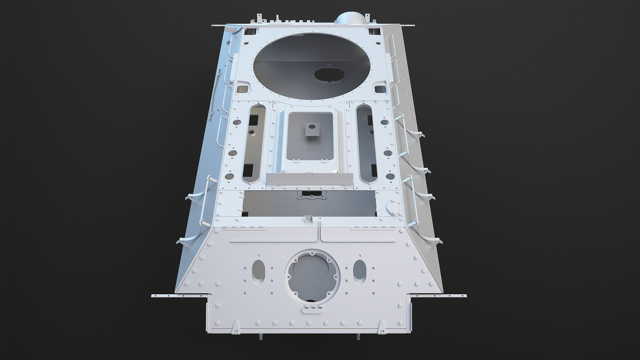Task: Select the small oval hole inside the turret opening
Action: tap(330, 74)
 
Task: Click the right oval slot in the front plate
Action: tap(360, 272)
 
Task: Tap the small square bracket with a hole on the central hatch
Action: tap(312, 129)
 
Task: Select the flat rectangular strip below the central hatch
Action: tap(310, 179)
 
